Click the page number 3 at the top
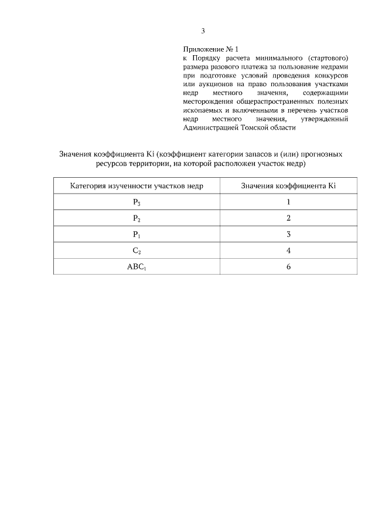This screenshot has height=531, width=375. tap(203, 31)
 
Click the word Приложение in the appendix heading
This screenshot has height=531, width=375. tap(203, 50)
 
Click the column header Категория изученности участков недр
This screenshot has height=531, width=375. tap(137, 186)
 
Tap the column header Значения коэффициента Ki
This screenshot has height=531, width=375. tap(288, 186)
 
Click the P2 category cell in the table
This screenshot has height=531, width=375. tap(137, 218)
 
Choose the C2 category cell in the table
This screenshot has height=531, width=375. tap(137, 250)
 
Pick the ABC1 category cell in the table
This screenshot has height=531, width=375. tap(137, 266)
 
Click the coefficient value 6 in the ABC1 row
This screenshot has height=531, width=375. tap(288, 266)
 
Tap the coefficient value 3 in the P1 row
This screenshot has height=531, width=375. tap(288, 234)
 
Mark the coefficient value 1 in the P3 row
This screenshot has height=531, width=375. tap(288, 202)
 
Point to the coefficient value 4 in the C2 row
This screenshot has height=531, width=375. tap(288, 250)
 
